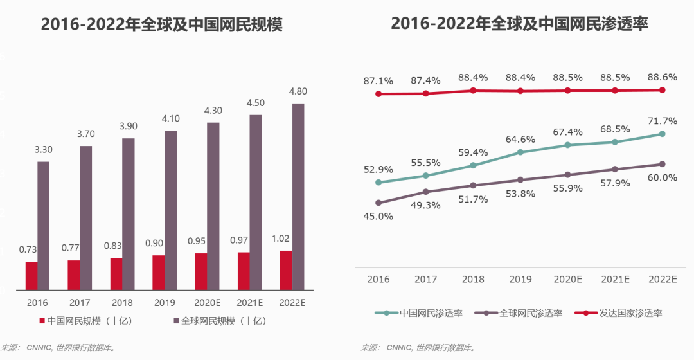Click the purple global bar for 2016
click(43, 226)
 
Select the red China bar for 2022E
click(286, 271)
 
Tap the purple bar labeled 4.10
click(170, 210)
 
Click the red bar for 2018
click(116, 274)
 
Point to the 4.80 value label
click(298, 91)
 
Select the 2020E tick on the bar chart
click(207, 302)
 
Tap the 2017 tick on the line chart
click(425, 279)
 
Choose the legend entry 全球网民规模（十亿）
click(218, 320)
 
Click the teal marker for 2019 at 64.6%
click(520, 152)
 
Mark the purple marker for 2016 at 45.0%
click(378, 203)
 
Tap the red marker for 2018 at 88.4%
click(473, 91)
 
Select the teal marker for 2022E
click(662, 134)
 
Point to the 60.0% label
click(662, 178)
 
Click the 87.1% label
click(378, 81)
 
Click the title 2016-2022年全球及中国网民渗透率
click(519, 24)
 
